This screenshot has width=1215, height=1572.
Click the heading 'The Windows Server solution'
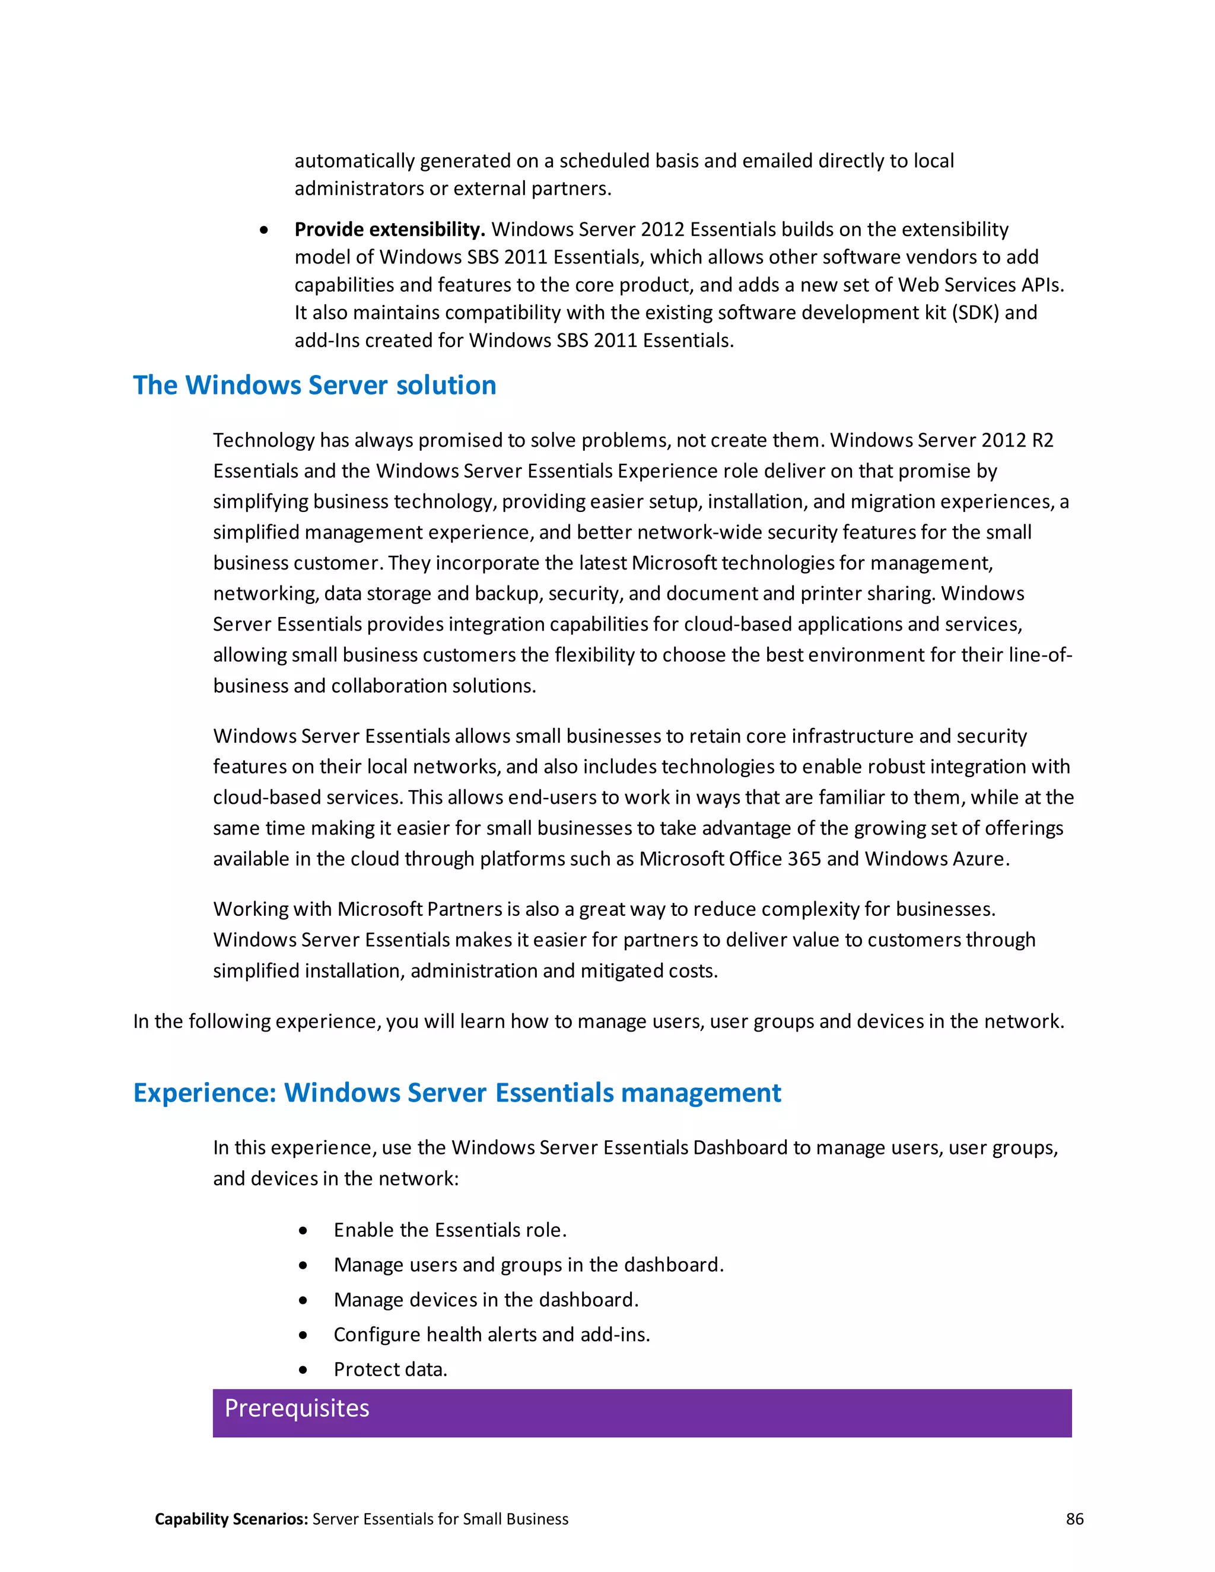point(314,386)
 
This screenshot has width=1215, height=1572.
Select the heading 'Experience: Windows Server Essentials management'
point(457,1093)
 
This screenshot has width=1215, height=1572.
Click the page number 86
point(1074,1519)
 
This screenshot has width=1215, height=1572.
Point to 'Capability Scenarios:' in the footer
point(231,1519)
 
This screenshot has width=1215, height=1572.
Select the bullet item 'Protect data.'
point(390,1369)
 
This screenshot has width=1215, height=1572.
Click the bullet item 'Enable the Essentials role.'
point(450,1230)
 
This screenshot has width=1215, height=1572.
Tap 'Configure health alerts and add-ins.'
point(492,1335)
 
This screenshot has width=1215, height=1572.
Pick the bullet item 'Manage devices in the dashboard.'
point(486,1300)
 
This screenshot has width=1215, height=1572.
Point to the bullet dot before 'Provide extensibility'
point(264,230)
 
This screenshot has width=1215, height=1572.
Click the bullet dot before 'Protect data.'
point(303,1370)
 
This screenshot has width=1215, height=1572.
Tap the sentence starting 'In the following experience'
point(598,1022)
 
